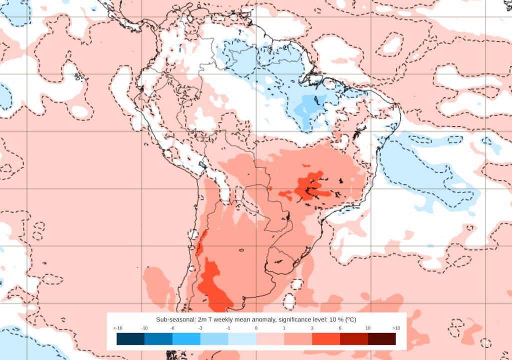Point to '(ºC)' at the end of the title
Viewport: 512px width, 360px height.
[x=348, y=319]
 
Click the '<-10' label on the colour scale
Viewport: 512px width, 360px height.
[x=117, y=328]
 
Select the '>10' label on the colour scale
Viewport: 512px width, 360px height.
[x=395, y=328]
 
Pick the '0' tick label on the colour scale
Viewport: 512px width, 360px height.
[x=256, y=328]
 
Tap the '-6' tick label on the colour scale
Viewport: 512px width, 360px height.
[x=172, y=328]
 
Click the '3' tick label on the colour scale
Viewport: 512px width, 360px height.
[x=312, y=328]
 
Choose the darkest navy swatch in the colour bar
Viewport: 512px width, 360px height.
[x=130, y=339]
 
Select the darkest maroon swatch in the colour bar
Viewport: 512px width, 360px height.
[x=381, y=339]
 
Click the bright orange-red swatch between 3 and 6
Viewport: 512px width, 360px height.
[x=326, y=339]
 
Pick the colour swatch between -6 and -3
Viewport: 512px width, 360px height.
[x=186, y=339]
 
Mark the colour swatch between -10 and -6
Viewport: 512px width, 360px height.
[x=158, y=339]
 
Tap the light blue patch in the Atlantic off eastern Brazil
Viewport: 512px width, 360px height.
[x=420, y=175]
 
